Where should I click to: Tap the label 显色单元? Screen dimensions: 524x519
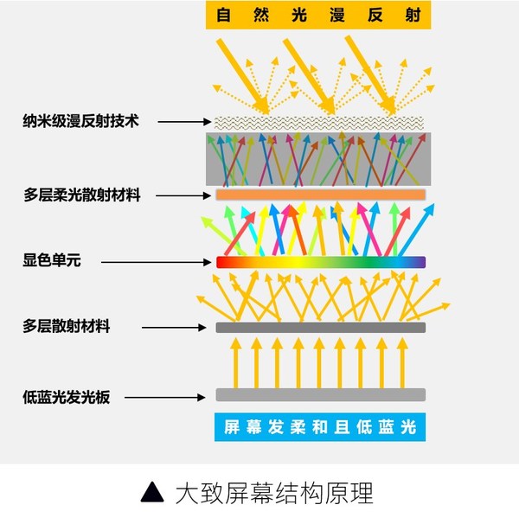coord(52,259)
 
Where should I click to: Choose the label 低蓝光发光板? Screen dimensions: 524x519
coord(67,398)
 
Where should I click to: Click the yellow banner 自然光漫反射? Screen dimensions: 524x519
coord(318,15)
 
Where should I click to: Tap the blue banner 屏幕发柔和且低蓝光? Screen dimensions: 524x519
coord(321,427)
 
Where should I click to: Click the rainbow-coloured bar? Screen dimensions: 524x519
coord(321,261)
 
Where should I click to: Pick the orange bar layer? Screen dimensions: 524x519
coord(321,195)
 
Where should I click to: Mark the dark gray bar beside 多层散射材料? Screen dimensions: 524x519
coord(321,328)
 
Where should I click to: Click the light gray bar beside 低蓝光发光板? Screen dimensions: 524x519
coord(321,395)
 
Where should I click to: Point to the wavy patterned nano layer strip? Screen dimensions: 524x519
coord(321,122)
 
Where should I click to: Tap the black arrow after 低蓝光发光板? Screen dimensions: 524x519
coord(173,398)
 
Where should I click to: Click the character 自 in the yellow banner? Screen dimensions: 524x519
coord(224,15)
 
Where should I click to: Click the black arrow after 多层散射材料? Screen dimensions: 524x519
coord(177,328)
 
